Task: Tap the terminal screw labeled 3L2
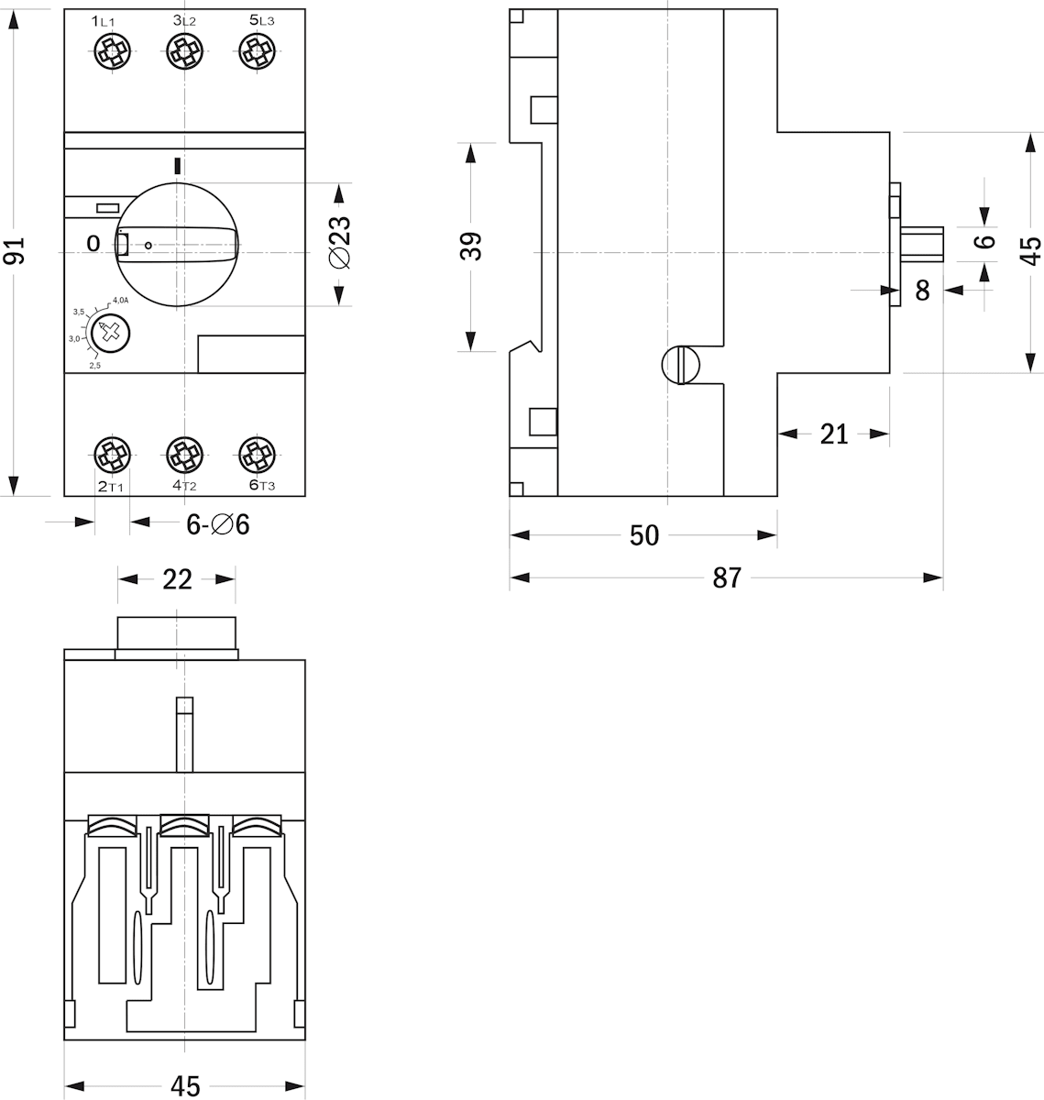tap(184, 52)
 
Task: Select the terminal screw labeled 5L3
tap(257, 52)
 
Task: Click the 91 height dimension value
tap(15, 249)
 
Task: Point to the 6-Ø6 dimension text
tap(218, 524)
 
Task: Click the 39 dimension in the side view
tap(470, 246)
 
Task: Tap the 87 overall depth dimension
tap(726, 577)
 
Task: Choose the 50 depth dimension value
tap(644, 535)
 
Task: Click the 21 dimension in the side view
tap(834, 433)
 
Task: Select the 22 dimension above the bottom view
tap(177, 579)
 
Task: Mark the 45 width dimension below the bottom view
tap(185, 1086)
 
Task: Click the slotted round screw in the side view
tap(681, 365)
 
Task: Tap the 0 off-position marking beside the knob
tap(92, 243)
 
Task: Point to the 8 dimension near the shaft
tap(922, 291)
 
